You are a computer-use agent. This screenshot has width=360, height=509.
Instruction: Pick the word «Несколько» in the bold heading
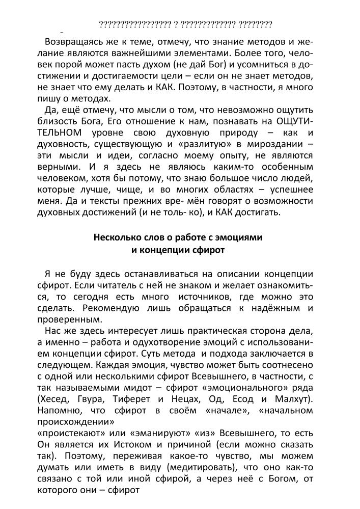coord(115,238)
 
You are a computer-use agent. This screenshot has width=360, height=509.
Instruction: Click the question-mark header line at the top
coord(185,24)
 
